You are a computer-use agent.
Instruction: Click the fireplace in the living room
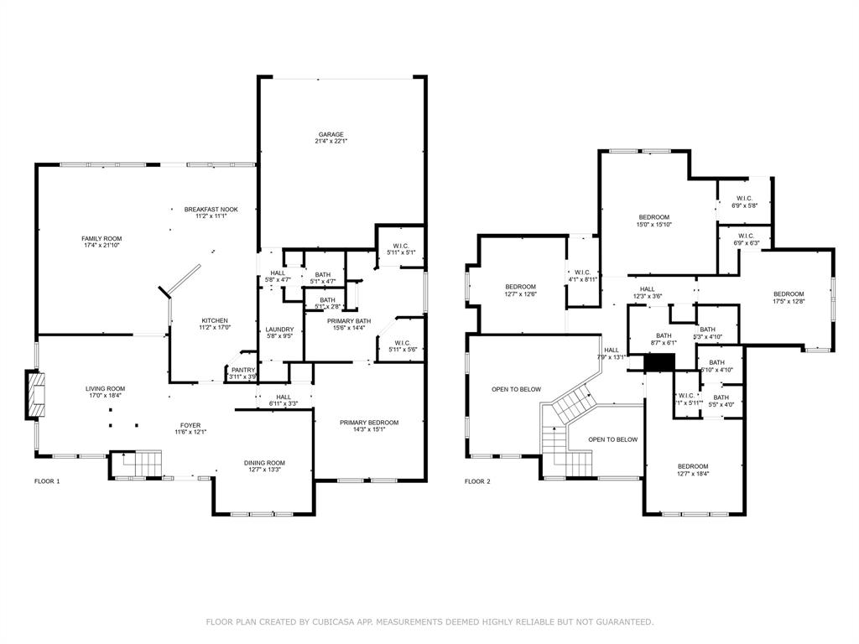[x=36, y=395]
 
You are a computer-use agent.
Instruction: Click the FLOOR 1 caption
[x=48, y=481]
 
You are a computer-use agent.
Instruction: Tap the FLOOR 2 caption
[x=479, y=481]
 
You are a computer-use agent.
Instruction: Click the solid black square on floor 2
[x=659, y=361]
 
